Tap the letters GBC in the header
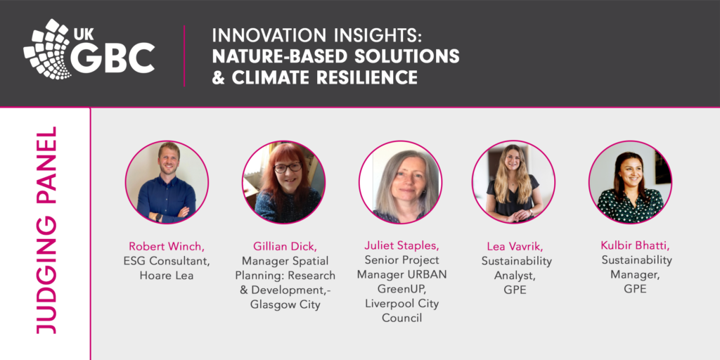tap(113, 58)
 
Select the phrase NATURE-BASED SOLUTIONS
tap(335, 56)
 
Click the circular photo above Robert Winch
tap(167, 183)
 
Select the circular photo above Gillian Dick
tap(283, 183)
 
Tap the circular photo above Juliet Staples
tap(400, 183)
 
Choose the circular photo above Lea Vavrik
tap(513, 183)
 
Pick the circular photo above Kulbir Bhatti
tap(630, 183)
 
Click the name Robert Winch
tap(167, 247)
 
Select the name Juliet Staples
tap(401, 247)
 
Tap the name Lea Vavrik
tap(515, 247)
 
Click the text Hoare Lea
tap(167, 276)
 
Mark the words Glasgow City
tap(285, 304)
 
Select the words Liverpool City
tap(401, 304)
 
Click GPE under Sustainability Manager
tap(631, 288)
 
